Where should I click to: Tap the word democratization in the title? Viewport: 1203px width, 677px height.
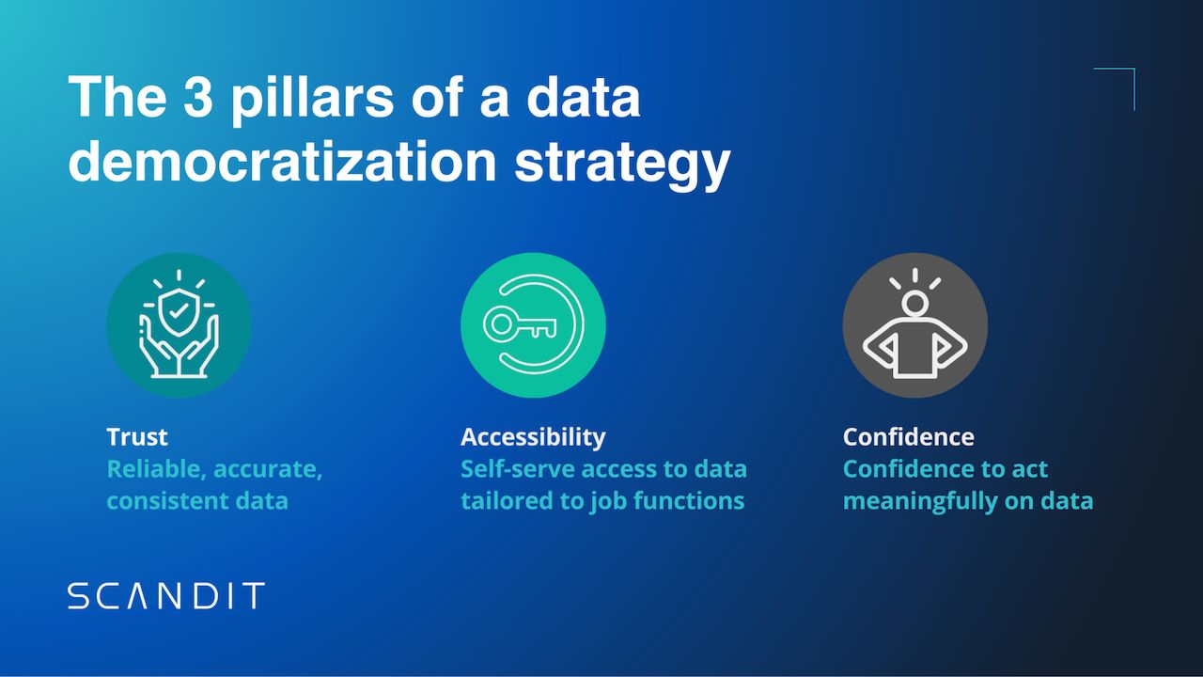(282, 161)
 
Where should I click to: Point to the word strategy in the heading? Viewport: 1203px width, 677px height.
(622, 163)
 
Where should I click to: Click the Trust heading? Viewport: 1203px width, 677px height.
(137, 436)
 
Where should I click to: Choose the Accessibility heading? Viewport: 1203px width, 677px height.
(533, 436)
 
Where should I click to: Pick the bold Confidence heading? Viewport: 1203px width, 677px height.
(908, 436)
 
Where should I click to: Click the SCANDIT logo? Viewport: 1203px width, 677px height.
(166, 596)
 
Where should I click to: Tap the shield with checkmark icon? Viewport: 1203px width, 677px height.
(179, 308)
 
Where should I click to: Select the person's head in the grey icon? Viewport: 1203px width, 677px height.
(914, 304)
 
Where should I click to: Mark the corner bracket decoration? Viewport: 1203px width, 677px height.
(1124, 79)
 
